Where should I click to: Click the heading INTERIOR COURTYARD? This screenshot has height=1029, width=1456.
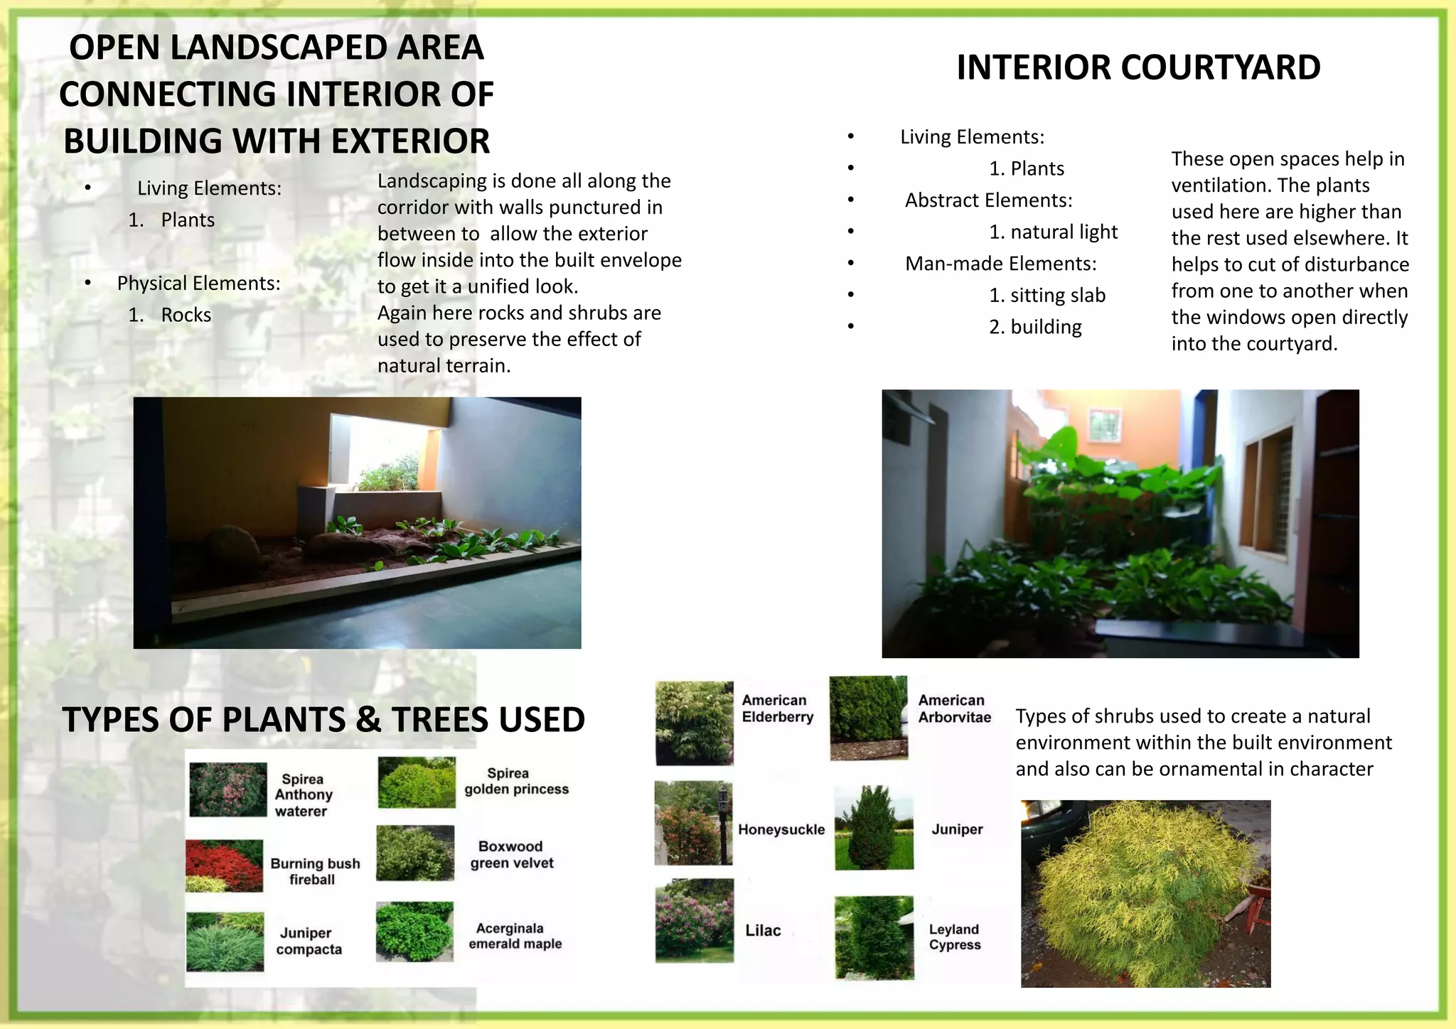click(x=1137, y=68)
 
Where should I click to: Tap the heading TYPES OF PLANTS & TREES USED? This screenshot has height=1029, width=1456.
click(x=323, y=719)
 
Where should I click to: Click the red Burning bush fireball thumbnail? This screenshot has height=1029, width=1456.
click(x=225, y=866)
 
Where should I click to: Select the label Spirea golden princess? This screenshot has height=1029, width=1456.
click(x=516, y=781)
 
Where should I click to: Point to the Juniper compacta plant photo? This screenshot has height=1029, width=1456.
click(x=225, y=942)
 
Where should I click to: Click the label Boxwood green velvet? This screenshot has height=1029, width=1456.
click(x=511, y=854)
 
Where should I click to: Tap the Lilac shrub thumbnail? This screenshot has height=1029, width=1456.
click(x=694, y=920)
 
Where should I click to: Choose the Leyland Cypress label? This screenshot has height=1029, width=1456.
click(x=954, y=937)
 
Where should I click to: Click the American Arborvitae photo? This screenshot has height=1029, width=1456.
click(x=868, y=718)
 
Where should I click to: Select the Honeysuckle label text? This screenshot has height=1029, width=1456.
click(x=781, y=829)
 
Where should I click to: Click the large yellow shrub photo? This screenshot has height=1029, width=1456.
click(x=1145, y=893)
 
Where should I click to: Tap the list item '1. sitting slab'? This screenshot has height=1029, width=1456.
click(x=1046, y=295)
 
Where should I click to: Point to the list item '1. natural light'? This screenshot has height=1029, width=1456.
click(x=1052, y=232)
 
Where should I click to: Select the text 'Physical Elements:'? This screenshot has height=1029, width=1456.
click(x=198, y=283)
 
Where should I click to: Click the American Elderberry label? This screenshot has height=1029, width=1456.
click(x=776, y=709)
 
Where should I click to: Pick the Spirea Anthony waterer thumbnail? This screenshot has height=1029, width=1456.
click(x=227, y=790)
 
